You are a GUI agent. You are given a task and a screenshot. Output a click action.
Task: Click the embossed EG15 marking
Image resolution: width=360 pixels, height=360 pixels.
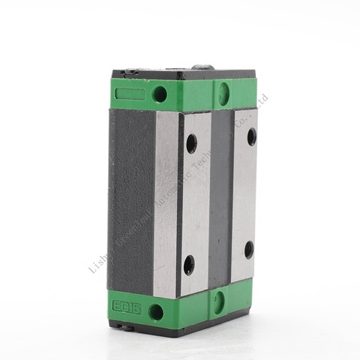tap(123, 306)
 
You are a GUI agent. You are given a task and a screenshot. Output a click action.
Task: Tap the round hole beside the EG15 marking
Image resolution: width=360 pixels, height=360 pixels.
tap(156, 311)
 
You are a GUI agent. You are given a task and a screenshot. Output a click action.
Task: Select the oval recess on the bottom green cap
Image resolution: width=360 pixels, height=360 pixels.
tap(218, 301)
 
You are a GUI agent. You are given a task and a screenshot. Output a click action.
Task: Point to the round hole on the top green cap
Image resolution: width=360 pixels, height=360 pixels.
tap(160, 94)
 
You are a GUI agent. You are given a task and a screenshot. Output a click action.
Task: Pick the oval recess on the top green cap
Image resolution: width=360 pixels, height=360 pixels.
tap(223, 93)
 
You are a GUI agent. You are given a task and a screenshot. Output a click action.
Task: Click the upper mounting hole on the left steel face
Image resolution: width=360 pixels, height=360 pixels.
tap(190, 142)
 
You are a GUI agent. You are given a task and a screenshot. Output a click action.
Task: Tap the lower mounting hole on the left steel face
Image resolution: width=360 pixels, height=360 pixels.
tap(189, 263)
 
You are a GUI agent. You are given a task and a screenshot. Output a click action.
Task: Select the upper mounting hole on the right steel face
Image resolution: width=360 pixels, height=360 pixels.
tap(251, 136)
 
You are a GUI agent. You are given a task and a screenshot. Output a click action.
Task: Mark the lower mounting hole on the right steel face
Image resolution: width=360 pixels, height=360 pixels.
tap(248, 249)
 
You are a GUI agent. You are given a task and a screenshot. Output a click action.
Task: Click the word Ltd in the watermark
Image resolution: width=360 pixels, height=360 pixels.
tap(262, 100)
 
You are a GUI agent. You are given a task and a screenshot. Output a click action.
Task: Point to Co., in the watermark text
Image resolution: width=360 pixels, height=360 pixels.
tap(248, 112)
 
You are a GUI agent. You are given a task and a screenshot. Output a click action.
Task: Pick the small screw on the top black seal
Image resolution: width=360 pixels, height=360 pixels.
tap(129, 73)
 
